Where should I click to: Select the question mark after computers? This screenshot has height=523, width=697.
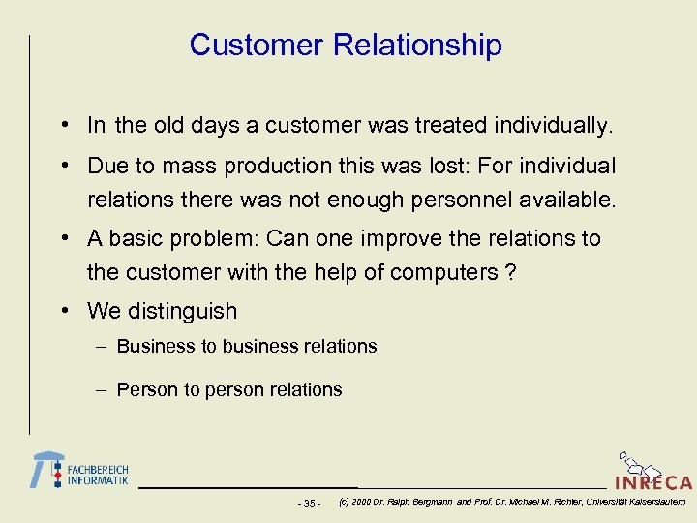point(510,272)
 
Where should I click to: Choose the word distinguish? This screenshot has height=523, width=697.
point(178,312)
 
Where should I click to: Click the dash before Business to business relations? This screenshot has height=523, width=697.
point(102,347)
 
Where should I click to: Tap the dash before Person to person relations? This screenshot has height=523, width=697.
point(102,390)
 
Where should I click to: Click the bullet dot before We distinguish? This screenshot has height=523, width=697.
point(62,312)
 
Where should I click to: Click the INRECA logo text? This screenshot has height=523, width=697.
point(653,482)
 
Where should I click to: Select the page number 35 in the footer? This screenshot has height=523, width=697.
point(310,503)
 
